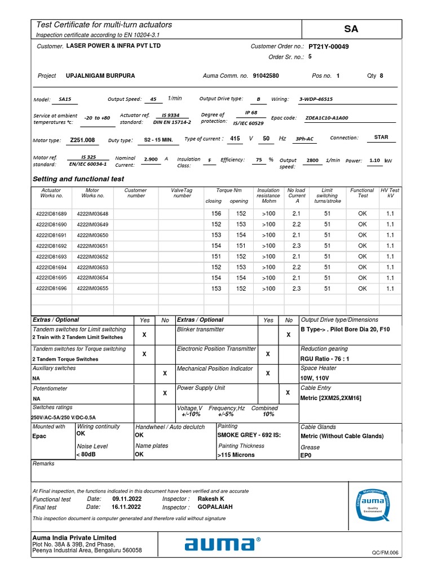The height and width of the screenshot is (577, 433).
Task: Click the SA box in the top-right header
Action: [x=351, y=29]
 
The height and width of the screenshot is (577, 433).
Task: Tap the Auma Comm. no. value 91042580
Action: [x=266, y=76]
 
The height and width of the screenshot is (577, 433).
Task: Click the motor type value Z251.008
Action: [x=82, y=140]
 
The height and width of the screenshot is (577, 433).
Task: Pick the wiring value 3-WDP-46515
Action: [x=316, y=99]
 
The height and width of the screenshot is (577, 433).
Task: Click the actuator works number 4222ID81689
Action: [x=51, y=214]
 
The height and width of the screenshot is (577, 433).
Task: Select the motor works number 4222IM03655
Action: [x=92, y=288]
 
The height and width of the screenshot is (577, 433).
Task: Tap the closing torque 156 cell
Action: [x=216, y=214]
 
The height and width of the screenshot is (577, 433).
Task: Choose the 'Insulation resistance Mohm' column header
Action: [x=268, y=196]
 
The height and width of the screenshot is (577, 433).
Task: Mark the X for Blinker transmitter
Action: [x=289, y=335]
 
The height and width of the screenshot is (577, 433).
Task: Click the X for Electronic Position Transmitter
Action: [x=268, y=354]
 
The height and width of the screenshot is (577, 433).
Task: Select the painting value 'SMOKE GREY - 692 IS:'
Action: [x=249, y=436]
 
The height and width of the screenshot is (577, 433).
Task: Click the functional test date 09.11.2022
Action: [x=127, y=499]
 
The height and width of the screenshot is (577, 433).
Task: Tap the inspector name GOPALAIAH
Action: [x=215, y=507]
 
